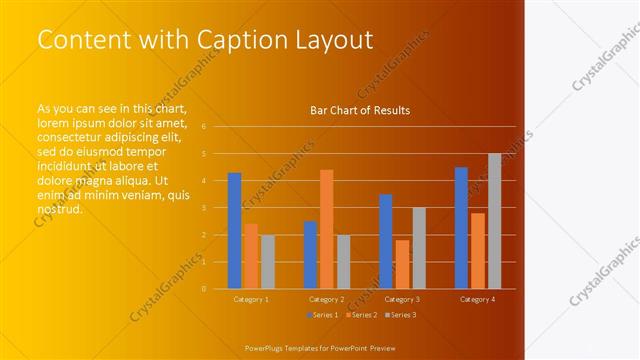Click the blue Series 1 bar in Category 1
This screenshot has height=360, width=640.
234,231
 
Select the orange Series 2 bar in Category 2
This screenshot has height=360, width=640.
326,229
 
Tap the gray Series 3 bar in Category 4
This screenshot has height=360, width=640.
494,221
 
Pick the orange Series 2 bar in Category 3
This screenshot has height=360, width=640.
402,264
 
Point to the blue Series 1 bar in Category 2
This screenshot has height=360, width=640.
310,255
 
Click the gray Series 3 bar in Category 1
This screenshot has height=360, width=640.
267,262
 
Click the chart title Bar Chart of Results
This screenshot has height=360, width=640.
360,110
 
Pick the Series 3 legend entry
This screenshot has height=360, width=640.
401,315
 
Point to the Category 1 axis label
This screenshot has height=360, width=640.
251,299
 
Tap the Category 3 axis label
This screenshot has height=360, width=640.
402,299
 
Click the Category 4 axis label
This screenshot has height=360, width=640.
478,299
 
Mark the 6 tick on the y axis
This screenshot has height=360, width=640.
203,127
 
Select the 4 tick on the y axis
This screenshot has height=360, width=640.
203,181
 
